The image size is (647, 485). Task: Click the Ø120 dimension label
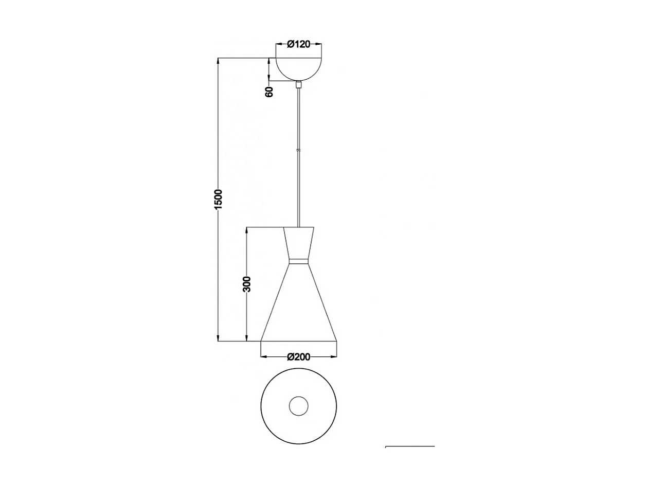tap(299, 44)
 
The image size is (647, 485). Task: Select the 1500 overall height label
tap(218, 200)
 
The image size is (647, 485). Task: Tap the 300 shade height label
tap(247, 284)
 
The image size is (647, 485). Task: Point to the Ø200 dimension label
tap(299, 357)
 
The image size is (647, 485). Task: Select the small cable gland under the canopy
tap(299, 84)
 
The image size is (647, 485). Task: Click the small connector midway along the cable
tap(299, 150)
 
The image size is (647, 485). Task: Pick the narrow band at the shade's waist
tap(299, 261)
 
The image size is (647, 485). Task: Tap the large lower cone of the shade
tap(299, 309)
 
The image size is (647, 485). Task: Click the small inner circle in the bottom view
tap(299, 406)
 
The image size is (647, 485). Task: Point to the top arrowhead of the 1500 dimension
tap(219, 61)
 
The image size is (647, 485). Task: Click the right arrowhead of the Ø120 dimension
tap(319, 44)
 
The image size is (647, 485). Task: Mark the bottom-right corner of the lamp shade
tap(337, 341)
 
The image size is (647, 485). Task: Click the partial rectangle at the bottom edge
tap(410, 447)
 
